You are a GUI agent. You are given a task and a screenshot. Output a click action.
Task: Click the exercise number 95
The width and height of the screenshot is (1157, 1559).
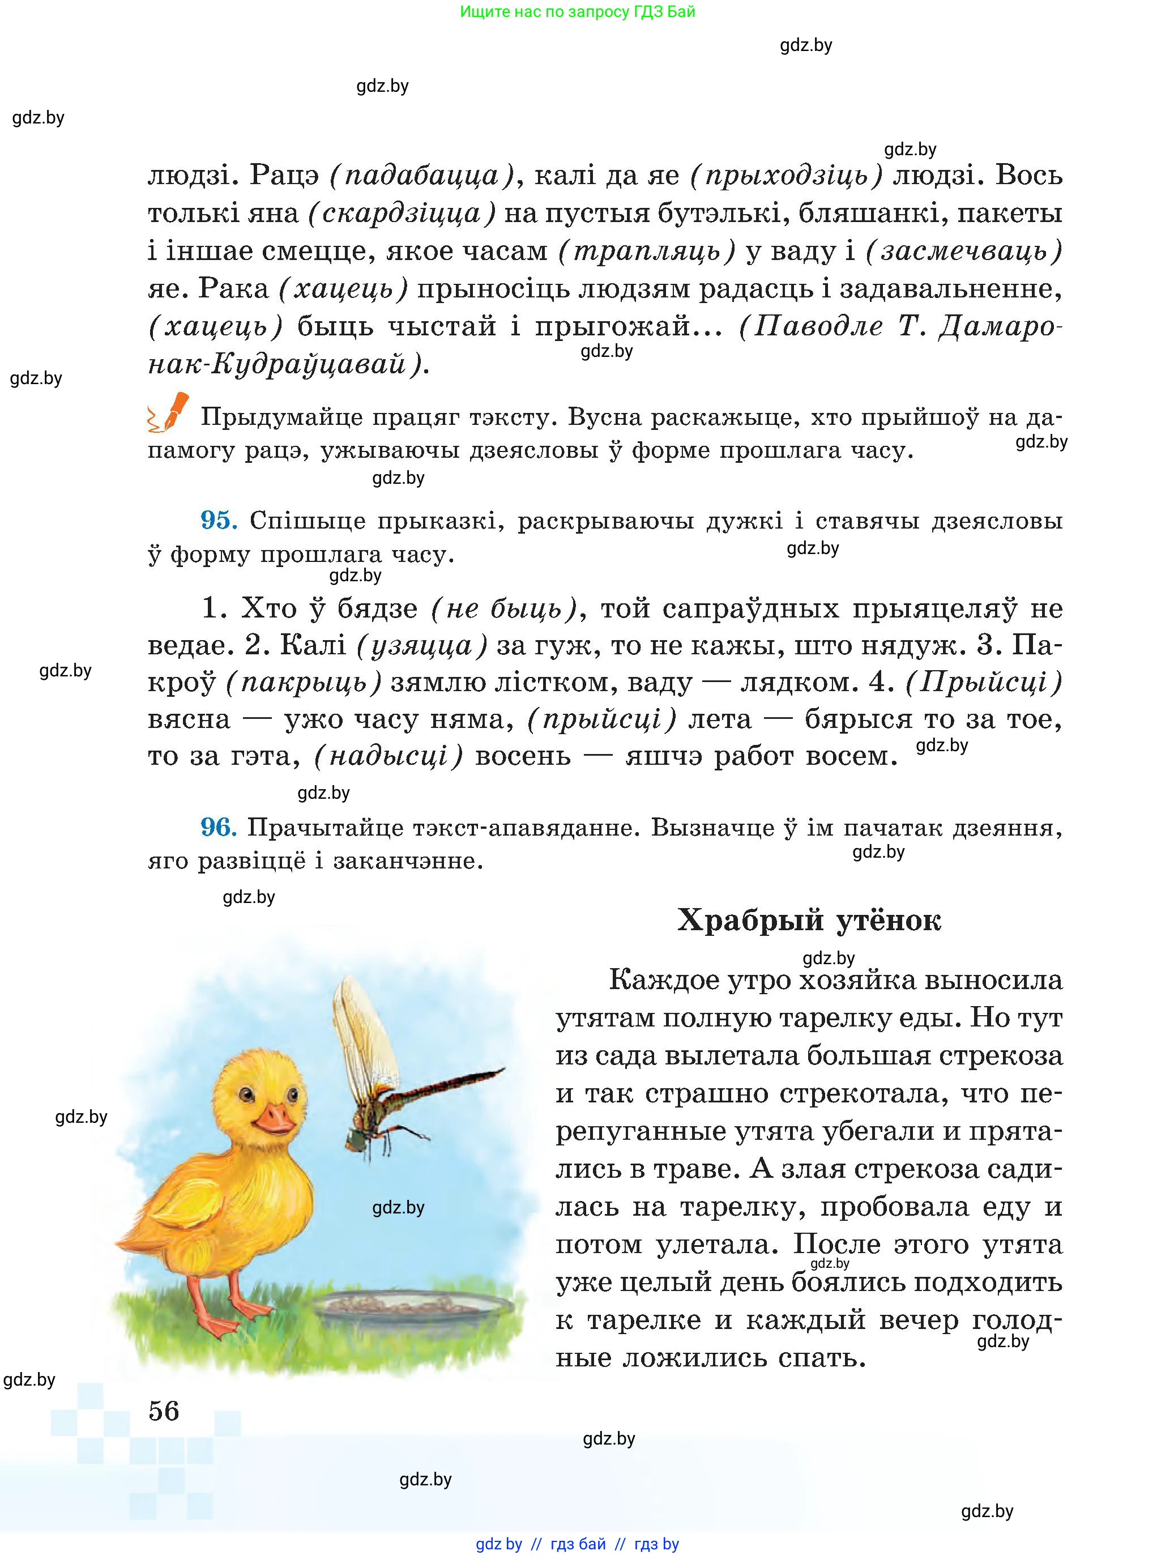(x=219, y=520)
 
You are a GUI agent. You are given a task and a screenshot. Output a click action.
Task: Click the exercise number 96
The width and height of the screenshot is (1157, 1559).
(x=219, y=828)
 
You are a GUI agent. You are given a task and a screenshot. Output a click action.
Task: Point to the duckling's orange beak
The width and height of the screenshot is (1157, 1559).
(x=273, y=1119)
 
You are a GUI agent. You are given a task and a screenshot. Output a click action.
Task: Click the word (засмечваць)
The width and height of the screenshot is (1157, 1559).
(x=964, y=251)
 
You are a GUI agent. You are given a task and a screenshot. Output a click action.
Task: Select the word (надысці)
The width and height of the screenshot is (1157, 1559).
(x=388, y=756)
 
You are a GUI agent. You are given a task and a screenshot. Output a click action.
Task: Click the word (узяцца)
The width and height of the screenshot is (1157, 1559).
(x=421, y=645)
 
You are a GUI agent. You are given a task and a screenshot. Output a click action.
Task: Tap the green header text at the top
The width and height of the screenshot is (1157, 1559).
(x=578, y=12)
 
